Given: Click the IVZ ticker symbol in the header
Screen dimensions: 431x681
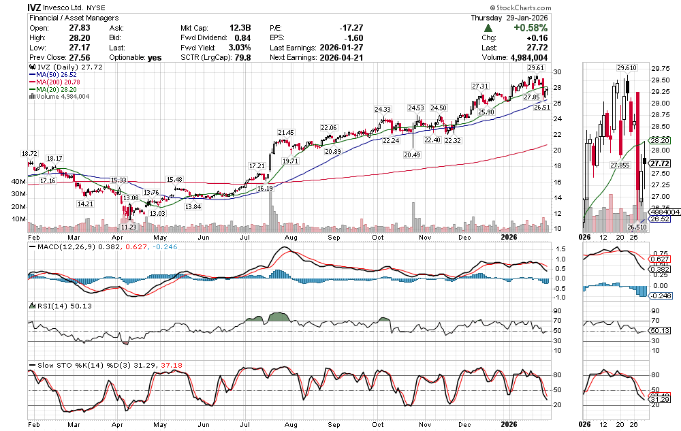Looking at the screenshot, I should [36, 7].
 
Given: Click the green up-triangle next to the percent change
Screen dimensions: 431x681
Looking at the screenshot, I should [488, 28].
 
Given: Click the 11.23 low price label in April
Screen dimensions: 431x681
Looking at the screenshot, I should [129, 227].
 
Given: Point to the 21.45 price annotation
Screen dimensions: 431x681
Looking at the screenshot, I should [285, 132].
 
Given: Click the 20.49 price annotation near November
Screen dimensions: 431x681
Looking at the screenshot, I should [411, 155].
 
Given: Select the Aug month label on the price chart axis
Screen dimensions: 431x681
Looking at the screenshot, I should [291, 237].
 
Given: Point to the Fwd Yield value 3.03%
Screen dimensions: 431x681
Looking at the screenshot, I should [238, 48].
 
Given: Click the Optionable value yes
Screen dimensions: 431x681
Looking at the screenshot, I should [155, 57].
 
